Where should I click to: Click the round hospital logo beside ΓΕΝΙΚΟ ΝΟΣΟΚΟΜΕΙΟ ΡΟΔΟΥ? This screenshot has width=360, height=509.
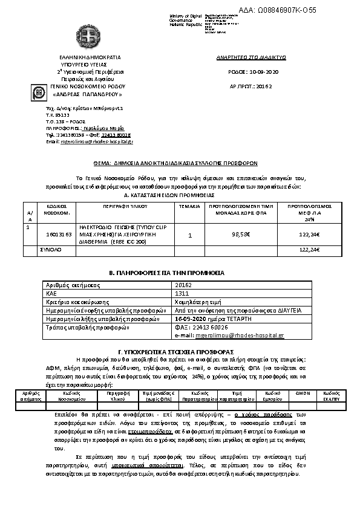point(39,94)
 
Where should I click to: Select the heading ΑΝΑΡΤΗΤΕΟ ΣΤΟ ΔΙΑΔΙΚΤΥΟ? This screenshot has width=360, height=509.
point(251,57)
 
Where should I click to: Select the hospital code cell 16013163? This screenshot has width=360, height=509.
point(59,233)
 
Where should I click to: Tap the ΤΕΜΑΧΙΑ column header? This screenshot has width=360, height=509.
point(189,206)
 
